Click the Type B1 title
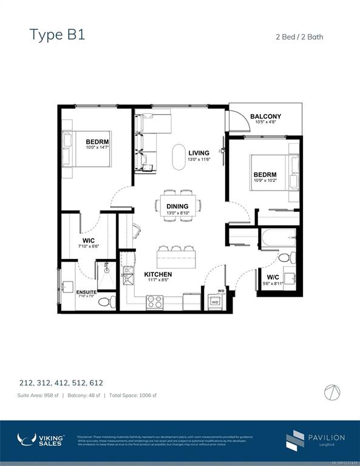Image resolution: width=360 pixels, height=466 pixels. pos(58,34)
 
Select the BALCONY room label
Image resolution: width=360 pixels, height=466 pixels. pos(265,116)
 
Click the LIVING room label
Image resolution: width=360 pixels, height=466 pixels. pos(199,153)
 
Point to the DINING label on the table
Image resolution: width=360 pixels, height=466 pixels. pos(177,206)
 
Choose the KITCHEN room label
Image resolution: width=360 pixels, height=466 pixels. pos(158,275)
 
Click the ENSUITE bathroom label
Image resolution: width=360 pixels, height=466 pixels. pos(86,292)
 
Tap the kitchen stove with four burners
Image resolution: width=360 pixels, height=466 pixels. pos(155,302)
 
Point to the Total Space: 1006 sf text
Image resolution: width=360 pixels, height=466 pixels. pos(132,396)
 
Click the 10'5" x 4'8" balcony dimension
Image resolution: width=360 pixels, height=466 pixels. pos(265,123)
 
